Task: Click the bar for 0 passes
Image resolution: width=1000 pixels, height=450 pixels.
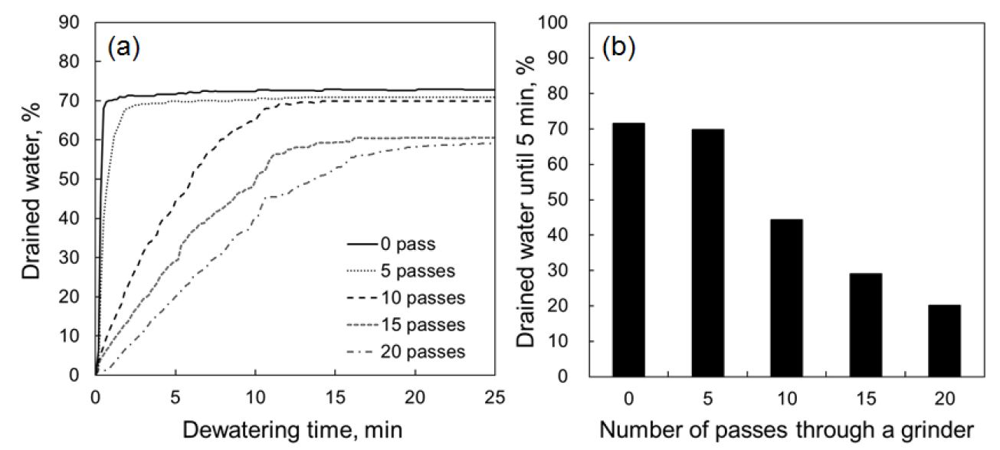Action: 628,249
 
